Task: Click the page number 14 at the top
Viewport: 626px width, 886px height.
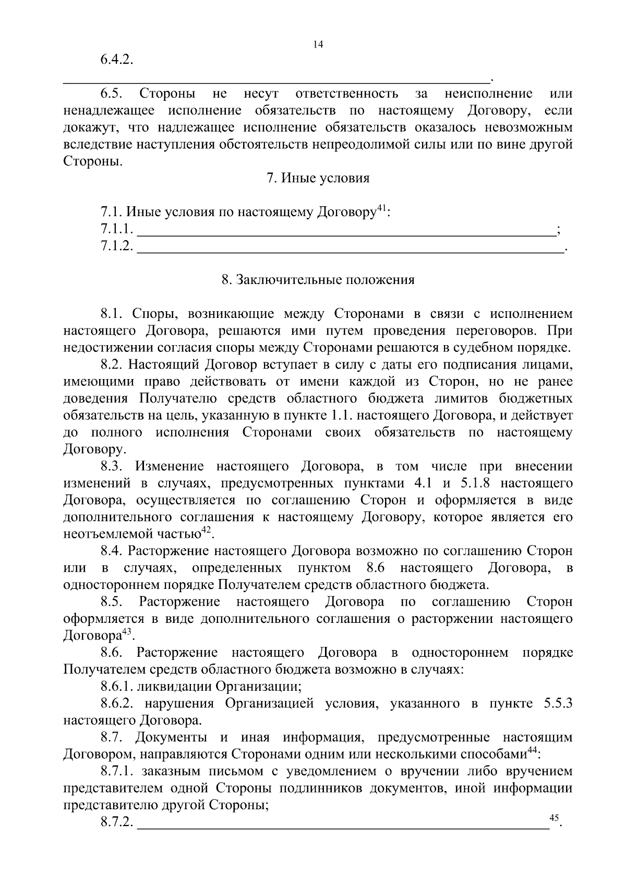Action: [x=318, y=44]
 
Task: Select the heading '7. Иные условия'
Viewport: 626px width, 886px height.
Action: [x=318, y=178]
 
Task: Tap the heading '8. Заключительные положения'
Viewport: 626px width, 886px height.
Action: [x=318, y=280]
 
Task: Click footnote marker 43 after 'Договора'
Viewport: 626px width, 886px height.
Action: [x=127, y=632]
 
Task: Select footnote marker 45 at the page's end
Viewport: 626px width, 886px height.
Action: [x=555, y=817]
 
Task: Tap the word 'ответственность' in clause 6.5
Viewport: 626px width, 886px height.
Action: [x=346, y=94]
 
